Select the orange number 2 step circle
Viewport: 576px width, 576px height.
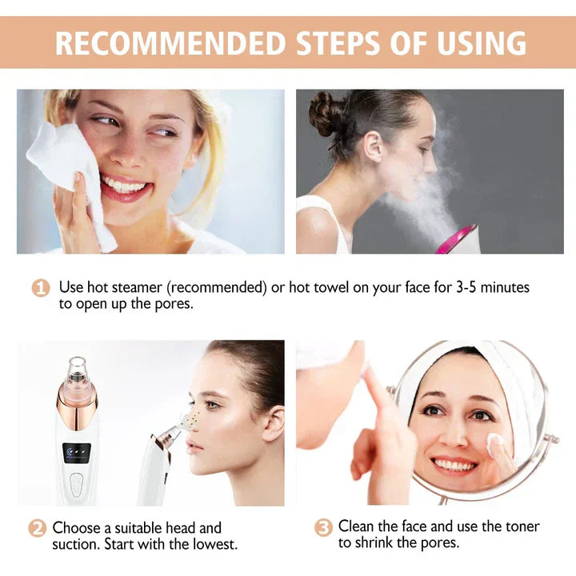[37, 529]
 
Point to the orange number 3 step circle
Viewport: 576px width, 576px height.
[322, 527]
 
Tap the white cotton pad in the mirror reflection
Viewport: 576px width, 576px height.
[494, 442]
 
